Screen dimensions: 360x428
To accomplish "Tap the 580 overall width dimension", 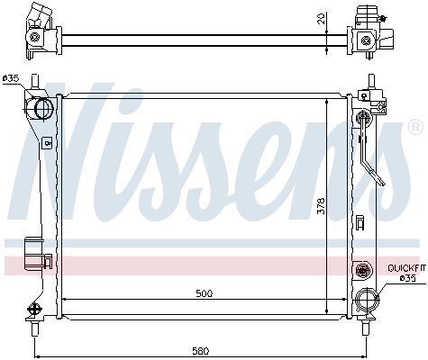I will pyautogui.click(x=200, y=350).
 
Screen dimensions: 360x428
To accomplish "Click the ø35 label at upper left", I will pyautogui.click(x=11, y=78).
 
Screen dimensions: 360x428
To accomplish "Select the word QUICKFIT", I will pyautogui.click(x=405, y=268).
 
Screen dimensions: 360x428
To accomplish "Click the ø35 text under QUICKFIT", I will pyautogui.click(x=407, y=278).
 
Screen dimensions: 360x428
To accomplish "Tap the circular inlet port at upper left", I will pyautogui.click(x=42, y=109).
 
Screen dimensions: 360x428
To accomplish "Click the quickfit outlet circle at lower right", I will pyautogui.click(x=368, y=301).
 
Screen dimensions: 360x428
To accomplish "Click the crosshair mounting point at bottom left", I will pyautogui.click(x=35, y=308).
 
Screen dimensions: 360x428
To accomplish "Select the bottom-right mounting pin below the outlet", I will pyautogui.click(x=368, y=319).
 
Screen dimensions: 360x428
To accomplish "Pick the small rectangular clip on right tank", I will pyautogui.click(x=359, y=221).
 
